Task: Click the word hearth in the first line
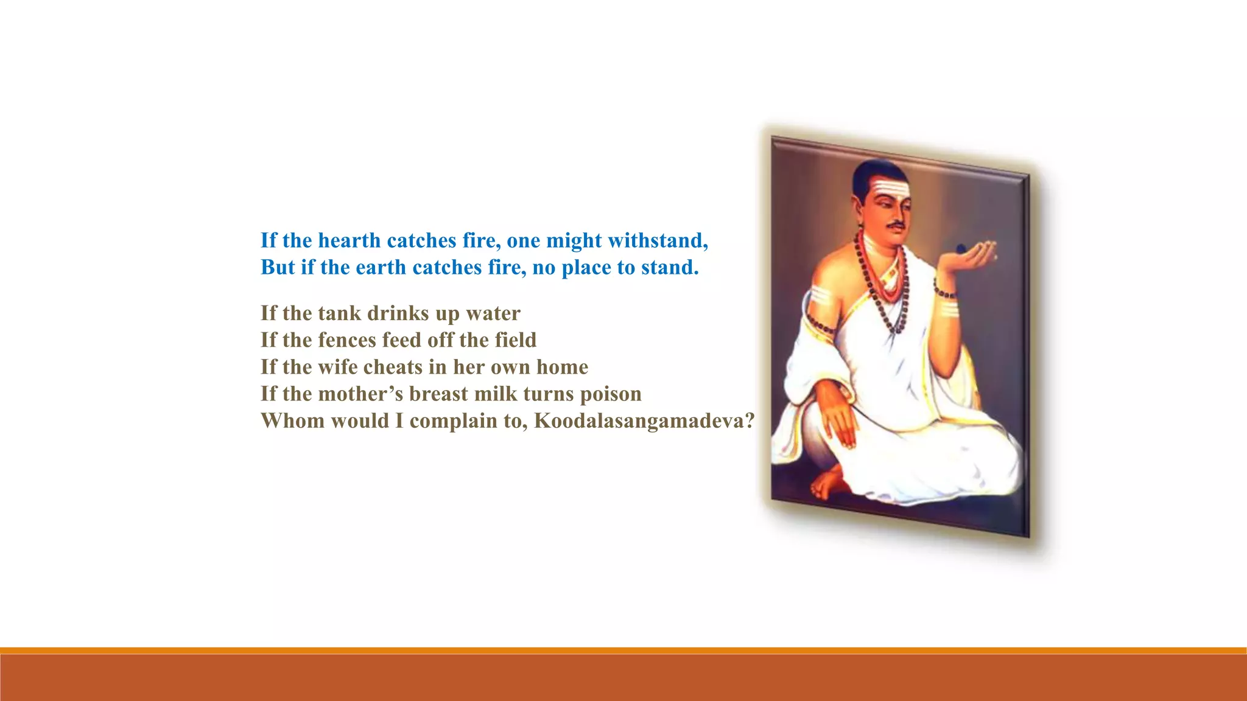coord(349,240)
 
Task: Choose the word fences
coord(347,340)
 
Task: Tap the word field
coord(515,340)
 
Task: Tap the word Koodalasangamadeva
coord(644,420)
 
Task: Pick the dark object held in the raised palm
coord(961,248)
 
